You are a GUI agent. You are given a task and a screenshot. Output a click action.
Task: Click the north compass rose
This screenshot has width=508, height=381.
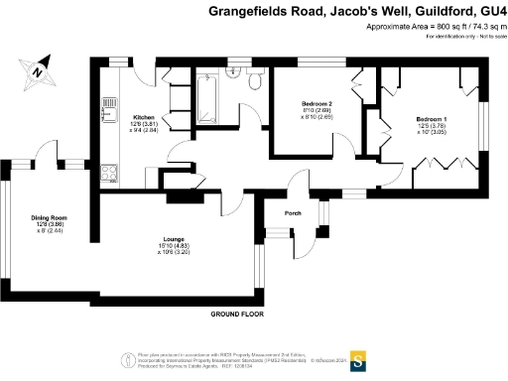pos(37,70)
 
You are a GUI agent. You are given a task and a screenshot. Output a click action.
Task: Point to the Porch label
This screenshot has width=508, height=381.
pos(294,212)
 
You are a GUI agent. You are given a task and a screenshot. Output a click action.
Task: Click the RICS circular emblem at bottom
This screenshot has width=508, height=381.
pos(127,360)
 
